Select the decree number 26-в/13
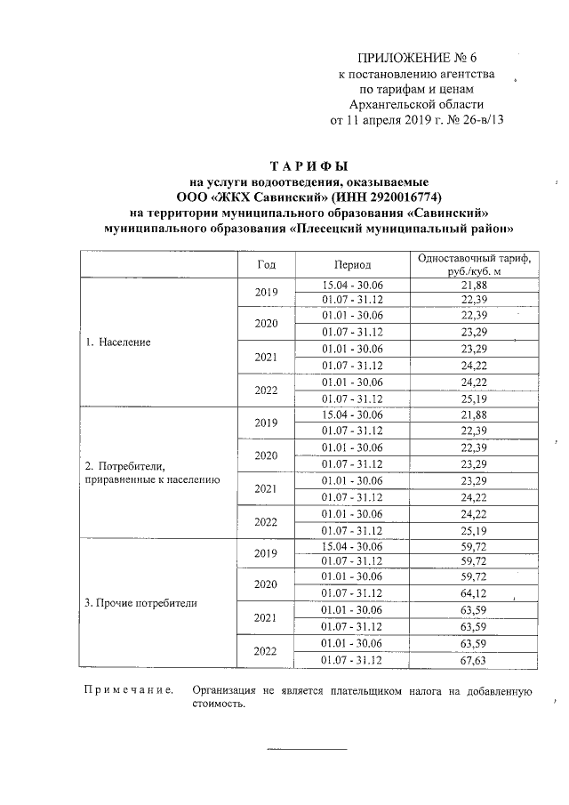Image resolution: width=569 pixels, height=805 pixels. [x=479, y=121]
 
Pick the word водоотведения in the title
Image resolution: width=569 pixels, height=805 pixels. [x=299, y=181]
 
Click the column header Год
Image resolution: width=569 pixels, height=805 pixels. [x=267, y=265]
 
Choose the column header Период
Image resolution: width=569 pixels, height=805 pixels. [x=353, y=265]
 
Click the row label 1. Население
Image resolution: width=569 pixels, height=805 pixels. [x=117, y=342]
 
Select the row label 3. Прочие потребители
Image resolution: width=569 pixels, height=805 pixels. [x=140, y=602]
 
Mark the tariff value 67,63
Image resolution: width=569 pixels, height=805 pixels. [x=473, y=660]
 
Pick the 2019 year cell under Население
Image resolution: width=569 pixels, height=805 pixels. [x=267, y=292]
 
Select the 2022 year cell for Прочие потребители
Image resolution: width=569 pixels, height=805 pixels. [x=267, y=651]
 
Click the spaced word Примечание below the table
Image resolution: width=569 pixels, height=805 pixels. [x=128, y=690]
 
